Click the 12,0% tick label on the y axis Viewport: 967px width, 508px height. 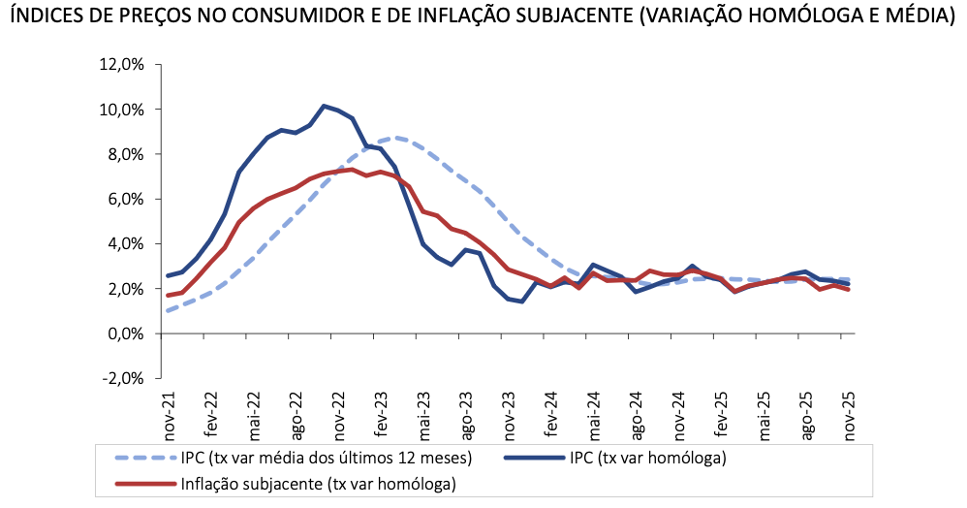click(121, 65)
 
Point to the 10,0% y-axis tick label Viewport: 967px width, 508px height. click(121, 110)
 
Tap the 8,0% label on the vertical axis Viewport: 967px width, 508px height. click(125, 154)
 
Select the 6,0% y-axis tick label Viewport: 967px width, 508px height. click(125, 200)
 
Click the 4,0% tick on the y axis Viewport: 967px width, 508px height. click(125, 244)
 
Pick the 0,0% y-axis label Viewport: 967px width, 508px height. click(125, 334)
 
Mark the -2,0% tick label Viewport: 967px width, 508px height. click(123, 379)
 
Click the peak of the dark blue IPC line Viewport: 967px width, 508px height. click(324, 106)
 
